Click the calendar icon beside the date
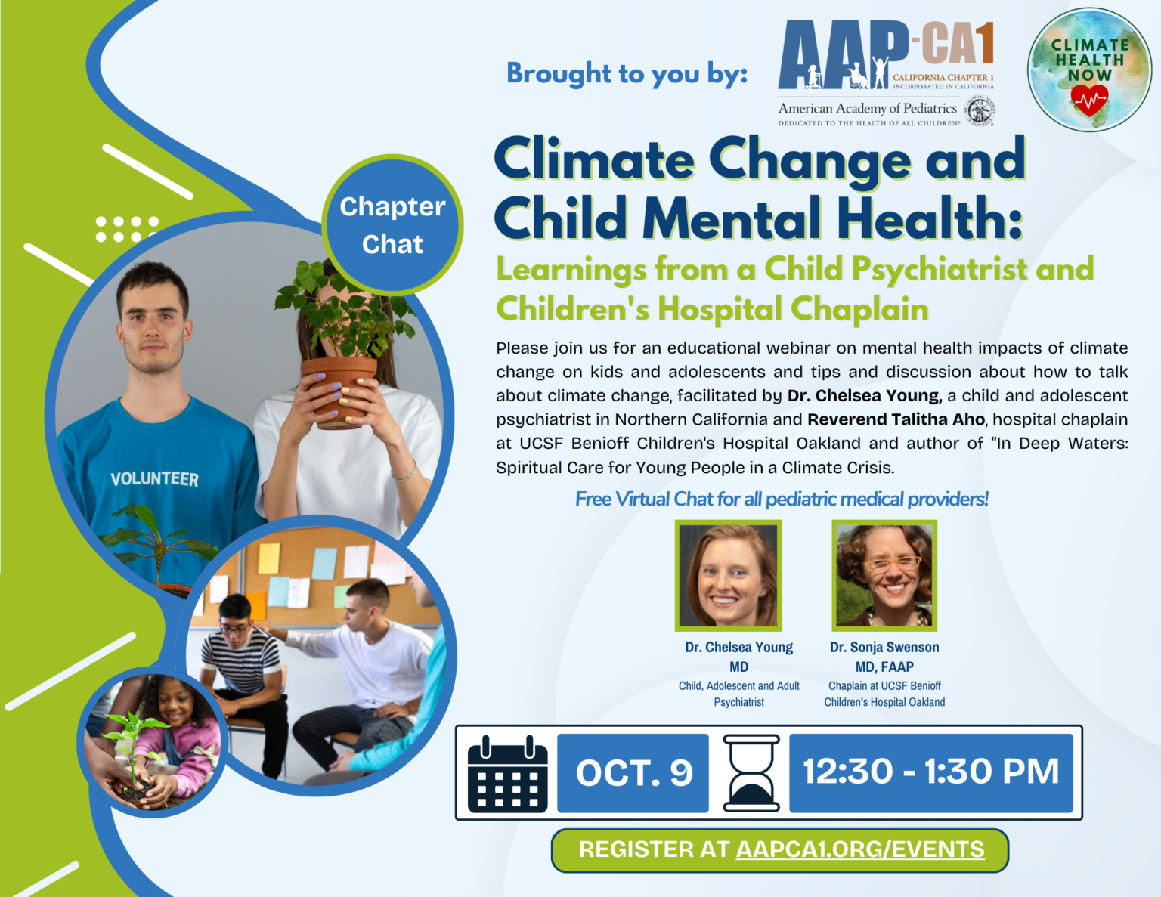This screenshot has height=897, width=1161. point(508,774)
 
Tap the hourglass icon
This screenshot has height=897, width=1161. point(751,773)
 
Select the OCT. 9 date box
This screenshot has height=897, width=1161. point(633,773)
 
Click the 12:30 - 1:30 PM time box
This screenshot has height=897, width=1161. point(930,772)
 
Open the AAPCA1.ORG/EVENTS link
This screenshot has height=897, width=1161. point(859,849)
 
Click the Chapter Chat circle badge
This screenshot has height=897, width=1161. point(392,225)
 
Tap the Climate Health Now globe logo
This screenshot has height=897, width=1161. point(1088,70)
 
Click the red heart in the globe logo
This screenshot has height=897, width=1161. point(1089,100)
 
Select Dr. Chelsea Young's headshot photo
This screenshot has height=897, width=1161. point(728,576)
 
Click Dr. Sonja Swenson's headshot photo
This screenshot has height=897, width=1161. point(884,576)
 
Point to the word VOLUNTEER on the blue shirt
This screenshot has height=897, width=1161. point(154,479)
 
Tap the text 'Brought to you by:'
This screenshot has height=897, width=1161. point(627,74)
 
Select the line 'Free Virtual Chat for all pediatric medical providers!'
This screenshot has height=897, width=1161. point(782,499)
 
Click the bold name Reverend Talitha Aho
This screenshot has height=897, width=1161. point(896,419)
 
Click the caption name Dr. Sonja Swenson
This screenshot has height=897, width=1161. point(884,648)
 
